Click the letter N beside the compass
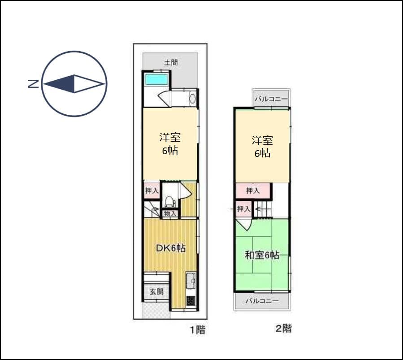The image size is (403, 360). point(33,83)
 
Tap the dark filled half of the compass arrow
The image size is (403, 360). point(60,84)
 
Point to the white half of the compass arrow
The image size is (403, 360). point(88,84)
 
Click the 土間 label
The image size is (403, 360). point(170,62)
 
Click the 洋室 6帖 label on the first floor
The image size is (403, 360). point(170,143)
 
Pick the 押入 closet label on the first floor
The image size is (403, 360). point(152,191)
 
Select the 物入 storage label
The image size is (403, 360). point(170,214)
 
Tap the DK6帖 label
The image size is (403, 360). point(170,248)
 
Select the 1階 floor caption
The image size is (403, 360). point(197,330)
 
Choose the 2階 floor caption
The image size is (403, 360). point(283,329)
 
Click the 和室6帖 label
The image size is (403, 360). point(262,256)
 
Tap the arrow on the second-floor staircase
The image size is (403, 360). point(259,208)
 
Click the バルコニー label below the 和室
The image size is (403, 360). point(262,301)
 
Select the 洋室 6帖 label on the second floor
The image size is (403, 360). point(262,147)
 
